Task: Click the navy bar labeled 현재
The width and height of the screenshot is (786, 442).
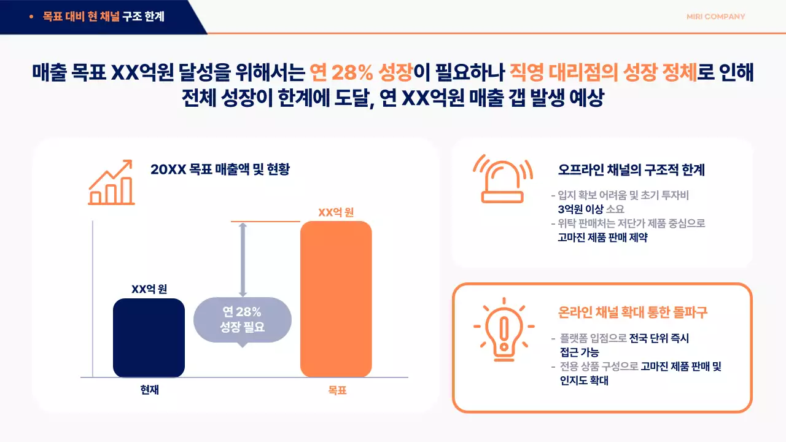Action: point(149,338)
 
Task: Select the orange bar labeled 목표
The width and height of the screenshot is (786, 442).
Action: point(336,299)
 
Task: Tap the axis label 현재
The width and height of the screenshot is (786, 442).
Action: point(149,389)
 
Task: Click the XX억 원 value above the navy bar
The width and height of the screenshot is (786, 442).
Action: point(149,289)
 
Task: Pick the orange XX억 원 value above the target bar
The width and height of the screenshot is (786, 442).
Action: point(336,212)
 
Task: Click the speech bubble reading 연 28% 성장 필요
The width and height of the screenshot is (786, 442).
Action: point(242,320)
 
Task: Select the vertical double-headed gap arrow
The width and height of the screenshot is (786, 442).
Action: point(243,260)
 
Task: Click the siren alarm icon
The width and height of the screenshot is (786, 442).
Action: point(503,179)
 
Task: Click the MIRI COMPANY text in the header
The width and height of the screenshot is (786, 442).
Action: point(715,17)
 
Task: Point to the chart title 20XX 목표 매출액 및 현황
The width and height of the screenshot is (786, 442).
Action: point(220,169)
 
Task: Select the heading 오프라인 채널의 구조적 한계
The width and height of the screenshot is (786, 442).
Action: point(631,169)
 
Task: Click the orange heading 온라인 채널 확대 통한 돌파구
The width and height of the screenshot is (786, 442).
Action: point(632,312)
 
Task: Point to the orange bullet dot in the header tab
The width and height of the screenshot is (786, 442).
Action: point(31,17)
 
